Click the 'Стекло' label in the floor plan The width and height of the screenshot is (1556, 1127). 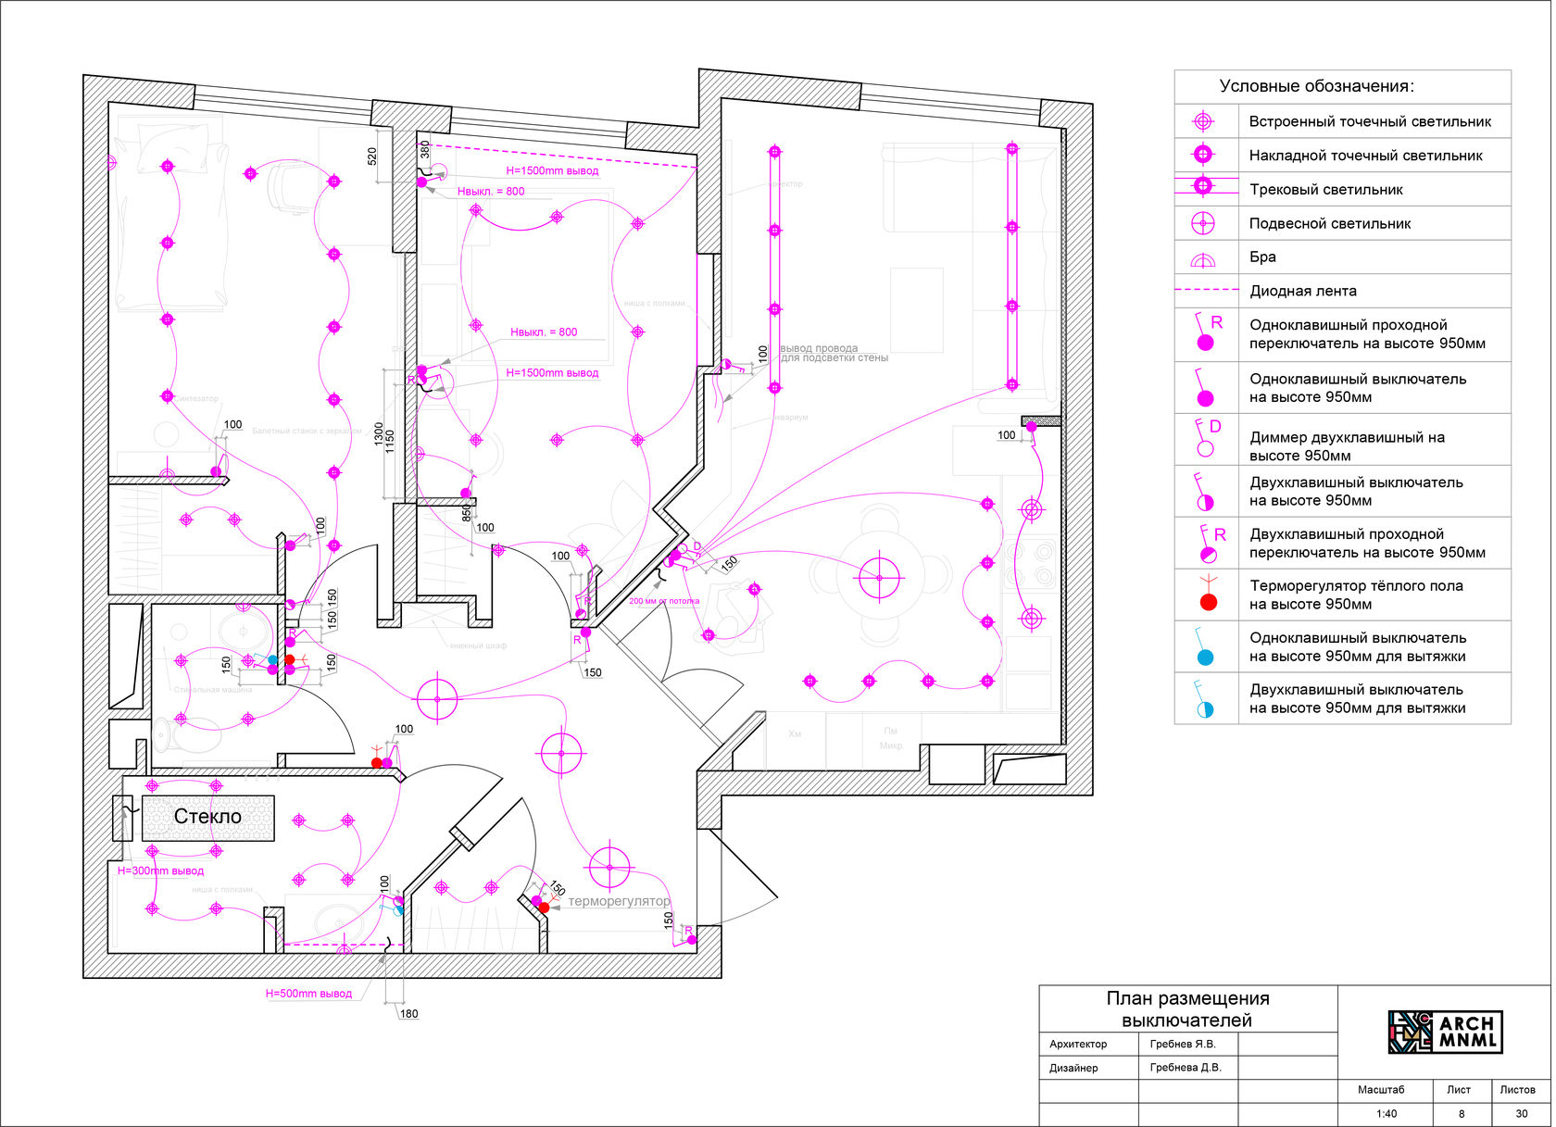tap(207, 817)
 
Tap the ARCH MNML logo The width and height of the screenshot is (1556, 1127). tap(1444, 1033)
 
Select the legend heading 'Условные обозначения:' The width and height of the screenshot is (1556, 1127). tap(1316, 87)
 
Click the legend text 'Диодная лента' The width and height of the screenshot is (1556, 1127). tap(1302, 291)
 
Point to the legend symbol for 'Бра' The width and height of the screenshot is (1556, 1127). tap(1202, 258)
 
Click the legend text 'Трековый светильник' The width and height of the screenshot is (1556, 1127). tap(1325, 190)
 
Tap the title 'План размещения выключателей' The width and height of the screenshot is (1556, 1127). tap(1187, 1009)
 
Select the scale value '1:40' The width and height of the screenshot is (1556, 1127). tap(1386, 1114)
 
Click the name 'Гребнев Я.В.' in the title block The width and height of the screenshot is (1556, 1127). tap(1182, 1044)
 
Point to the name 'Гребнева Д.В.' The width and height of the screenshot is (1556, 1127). tap(1186, 1068)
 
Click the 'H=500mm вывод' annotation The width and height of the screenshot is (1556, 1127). tap(308, 994)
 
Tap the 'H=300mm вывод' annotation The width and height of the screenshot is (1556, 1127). tap(160, 871)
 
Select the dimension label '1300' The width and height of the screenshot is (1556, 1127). tap(379, 433)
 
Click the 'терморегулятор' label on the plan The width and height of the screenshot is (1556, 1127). tap(619, 901)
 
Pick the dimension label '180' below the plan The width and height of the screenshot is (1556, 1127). tap(408, 1014)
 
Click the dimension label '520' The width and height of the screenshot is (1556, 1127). tap(372, 156)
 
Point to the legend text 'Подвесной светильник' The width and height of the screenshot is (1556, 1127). tap(1329, 223)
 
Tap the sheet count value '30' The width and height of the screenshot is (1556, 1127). tap(1521, 1114)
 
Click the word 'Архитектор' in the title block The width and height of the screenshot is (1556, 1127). tap(1077, 1044)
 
